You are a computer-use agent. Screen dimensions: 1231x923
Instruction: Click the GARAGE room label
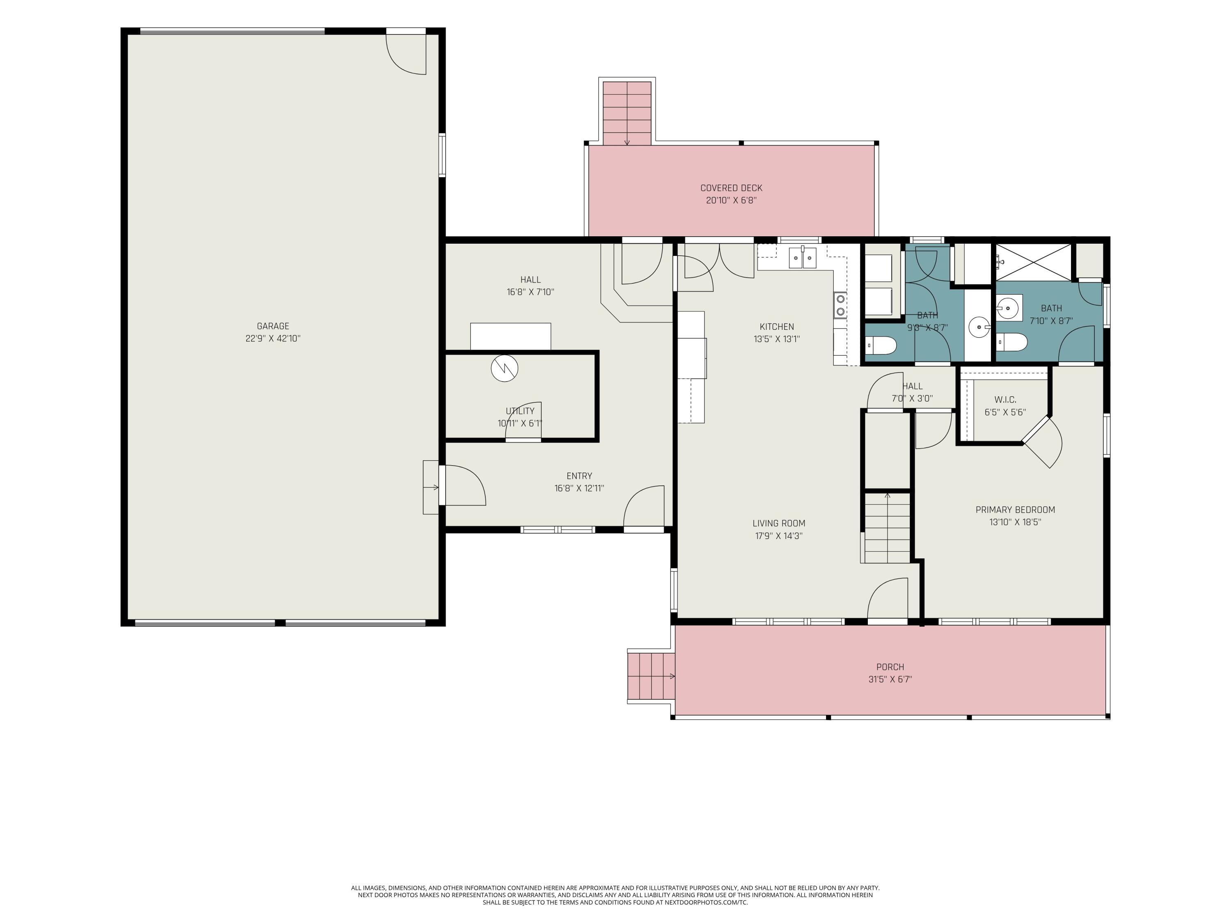click(273, 326)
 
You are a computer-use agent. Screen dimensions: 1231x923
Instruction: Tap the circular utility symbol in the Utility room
click(504, 368)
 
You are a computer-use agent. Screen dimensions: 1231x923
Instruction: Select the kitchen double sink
click(803, 258)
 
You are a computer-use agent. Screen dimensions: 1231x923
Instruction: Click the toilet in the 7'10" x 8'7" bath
click(1011, 342)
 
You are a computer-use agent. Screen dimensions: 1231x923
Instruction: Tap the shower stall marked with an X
click(1033, 262)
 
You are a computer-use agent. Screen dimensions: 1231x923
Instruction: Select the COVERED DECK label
click(731, 188)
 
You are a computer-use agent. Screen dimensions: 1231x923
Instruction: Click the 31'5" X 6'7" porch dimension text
click(890, 679)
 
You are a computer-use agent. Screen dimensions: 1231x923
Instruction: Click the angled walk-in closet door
click(1042, 443)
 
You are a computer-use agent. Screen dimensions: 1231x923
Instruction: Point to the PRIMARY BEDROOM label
click(1015, 509)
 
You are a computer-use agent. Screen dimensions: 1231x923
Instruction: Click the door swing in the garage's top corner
click(406, 54)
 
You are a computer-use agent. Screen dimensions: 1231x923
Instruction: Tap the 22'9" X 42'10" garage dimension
click(273, 338)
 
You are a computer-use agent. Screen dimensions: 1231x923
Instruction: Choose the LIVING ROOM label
click(778, 523)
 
